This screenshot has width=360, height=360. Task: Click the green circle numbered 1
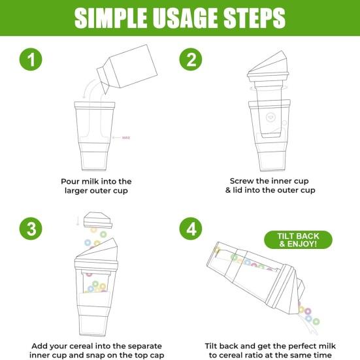[x=31, y=59]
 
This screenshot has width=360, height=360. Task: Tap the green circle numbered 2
[x=191, y=59]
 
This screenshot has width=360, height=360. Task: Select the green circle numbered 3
[x=31, y=229]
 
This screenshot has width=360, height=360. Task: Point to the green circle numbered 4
[x=191, y=229]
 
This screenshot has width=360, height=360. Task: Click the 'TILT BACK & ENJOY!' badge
[x=298, y=240]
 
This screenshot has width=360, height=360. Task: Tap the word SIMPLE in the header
[x=110, y=18]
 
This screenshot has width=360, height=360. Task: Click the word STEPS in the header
[x=254, y=18]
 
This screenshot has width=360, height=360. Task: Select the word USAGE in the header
[x=185, y=18]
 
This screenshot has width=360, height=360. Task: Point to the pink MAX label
[x=126, y=138]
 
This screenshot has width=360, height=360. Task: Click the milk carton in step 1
[x=127, y=68]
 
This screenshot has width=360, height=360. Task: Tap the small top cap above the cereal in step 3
[x=98, y=220]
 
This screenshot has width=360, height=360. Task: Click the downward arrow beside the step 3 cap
[x=78, y=221]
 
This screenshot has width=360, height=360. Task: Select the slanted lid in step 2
[x=268, y=66]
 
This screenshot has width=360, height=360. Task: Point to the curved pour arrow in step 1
[x=88, y=88]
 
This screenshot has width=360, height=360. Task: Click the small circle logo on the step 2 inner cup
[x=270, y=118]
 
